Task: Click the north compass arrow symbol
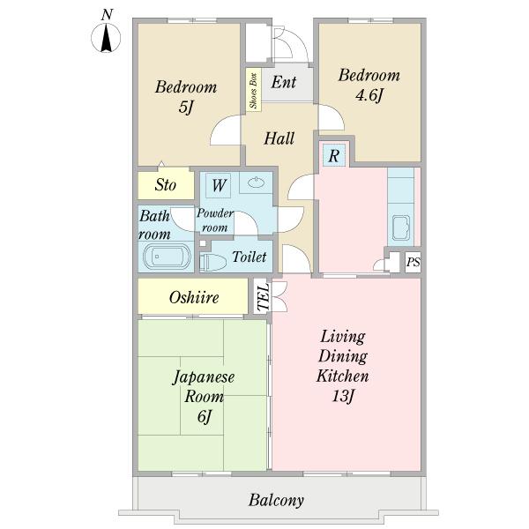[x=107, y=37]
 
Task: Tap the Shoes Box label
[x=253, y=91]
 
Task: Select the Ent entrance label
[x=284, y=82]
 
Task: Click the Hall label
[x=279, y=138]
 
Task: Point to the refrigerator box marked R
[x=333, y=155]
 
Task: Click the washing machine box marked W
[x=219, y=185]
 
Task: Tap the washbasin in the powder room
[x=256, y=183]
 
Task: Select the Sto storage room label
[x=166, y=185]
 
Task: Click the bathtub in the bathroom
[x=167, y=257]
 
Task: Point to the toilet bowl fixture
[x=212, y=262]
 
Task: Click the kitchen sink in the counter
[x=401, y=227]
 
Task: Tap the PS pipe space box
[x=413, y=262]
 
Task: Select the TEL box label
[x=263, y=296]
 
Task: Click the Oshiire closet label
[x=194, y=297]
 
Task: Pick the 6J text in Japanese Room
[x=205, y=416]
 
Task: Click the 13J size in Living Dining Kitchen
[x=342, y=395]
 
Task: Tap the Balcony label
[x=276, y=500]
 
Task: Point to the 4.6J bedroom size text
[x=369, y=95]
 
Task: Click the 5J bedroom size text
[x=185, y=108]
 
